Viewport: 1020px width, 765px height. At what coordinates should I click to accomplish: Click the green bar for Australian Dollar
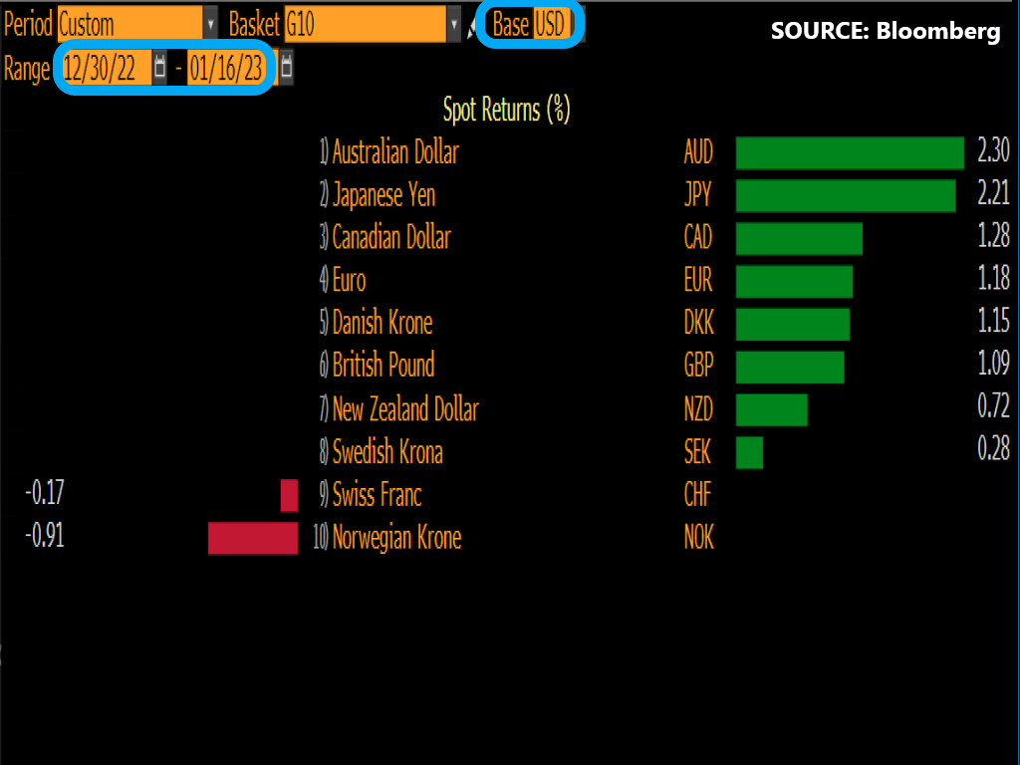click(850, 153)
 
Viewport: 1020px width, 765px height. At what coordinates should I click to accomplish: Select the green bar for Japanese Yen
click(845, 196)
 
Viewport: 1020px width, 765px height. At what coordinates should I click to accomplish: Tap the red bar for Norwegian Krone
click(253, 538)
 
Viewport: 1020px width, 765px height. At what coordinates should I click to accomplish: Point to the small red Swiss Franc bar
click(289, 495)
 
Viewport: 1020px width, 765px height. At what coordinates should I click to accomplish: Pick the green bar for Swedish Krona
click(749, 452)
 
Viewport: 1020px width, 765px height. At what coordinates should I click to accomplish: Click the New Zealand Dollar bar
click(771, 409)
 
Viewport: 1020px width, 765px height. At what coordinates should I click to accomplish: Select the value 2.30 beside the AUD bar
click(993, 152)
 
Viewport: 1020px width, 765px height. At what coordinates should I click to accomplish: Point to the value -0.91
click(45, 537)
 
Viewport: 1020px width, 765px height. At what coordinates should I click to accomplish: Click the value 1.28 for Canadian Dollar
click(993, 237)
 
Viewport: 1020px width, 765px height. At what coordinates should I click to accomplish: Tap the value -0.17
click(45, 494)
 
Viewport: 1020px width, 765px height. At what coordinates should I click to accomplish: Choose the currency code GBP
click(698, 366)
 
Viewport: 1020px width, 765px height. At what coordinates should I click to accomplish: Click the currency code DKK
click(698, 323)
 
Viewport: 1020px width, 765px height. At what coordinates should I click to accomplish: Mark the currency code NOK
click(699, 538)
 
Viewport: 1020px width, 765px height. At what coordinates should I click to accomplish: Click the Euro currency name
click(350, 280)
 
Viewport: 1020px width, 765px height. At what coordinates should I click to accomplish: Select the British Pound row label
click(383, 366)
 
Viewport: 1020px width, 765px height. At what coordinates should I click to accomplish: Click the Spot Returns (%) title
click(506, 110)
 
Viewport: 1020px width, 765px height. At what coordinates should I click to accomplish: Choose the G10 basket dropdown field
click(364, 24)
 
